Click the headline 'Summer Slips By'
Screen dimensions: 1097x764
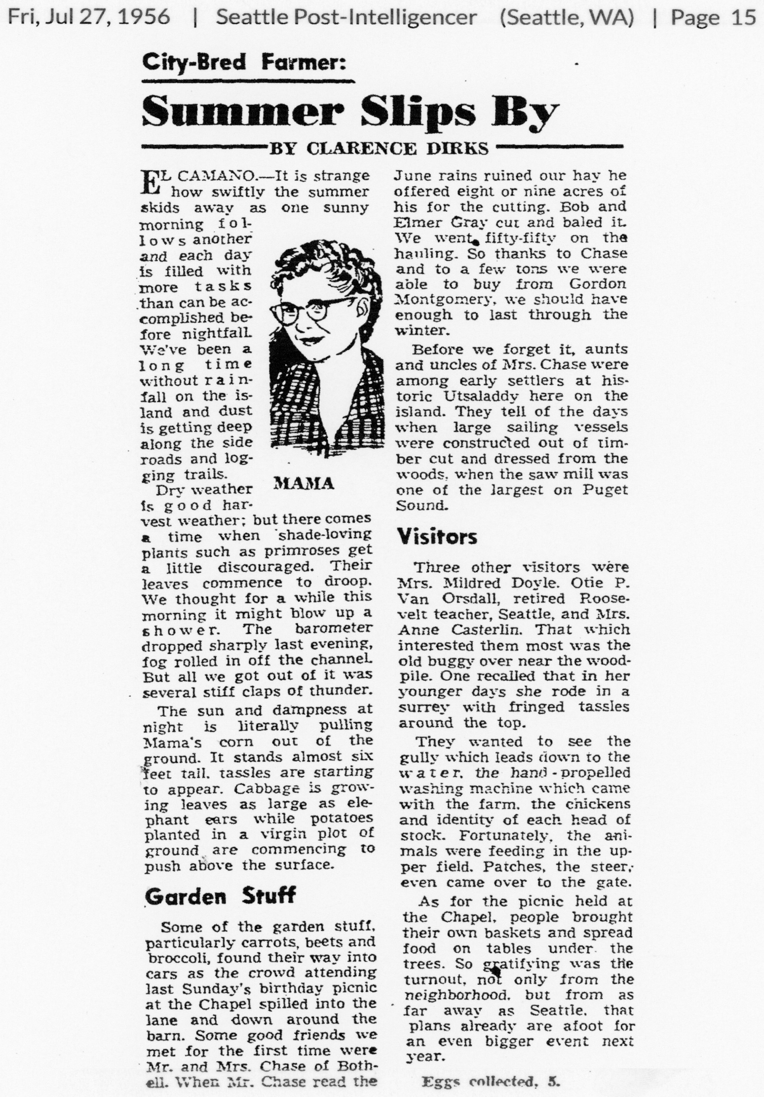[x=350, y=112]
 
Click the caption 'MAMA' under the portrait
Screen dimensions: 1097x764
[x=303, y=484]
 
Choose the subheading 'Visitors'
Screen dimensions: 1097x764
[x=437, y=536]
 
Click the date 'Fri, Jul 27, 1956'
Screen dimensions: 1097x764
[x=89, y=18]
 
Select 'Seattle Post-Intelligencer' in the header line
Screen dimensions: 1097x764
[x=346, y=18]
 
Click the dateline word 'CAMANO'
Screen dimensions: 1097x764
[x=218, y=177]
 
